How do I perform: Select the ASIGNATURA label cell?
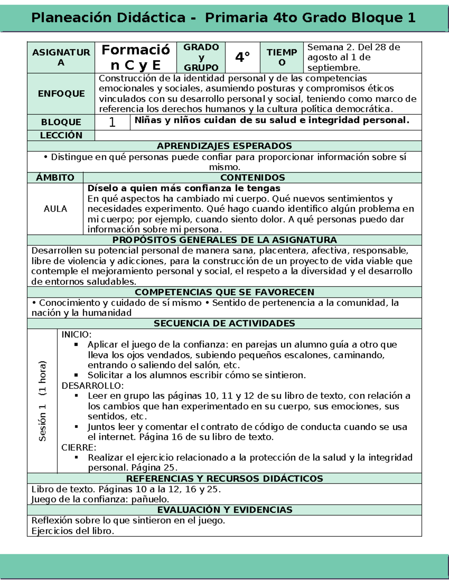[x=61, y=57]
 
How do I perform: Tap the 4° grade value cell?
[x=242, y=57]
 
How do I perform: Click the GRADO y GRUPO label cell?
[x=201, y=57]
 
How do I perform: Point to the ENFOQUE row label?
[x=61, y=94]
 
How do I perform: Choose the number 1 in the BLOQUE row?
[x=112, y=122]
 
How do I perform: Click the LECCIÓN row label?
[x=61, y=135]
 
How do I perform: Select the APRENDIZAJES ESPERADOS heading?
[x=224, y=146]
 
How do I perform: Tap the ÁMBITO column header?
[x=55, y=177]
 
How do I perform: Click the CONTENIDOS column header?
[x=253, y=177]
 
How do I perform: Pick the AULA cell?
[x=55, y=209]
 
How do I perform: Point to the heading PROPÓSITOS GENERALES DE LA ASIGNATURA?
[x=224, y=240]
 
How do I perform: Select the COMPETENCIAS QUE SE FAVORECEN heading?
[x=224, y=292]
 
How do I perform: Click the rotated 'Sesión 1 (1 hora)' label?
[x=42, y=401]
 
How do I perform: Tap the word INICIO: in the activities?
[x=76, y=334]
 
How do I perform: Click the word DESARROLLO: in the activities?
[x=92, y=386]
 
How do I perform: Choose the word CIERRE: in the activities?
[x=79, y=447]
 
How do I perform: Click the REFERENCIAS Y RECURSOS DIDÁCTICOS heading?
[x=224, y=478]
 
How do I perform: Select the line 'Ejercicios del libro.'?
[x=73, y=531]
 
